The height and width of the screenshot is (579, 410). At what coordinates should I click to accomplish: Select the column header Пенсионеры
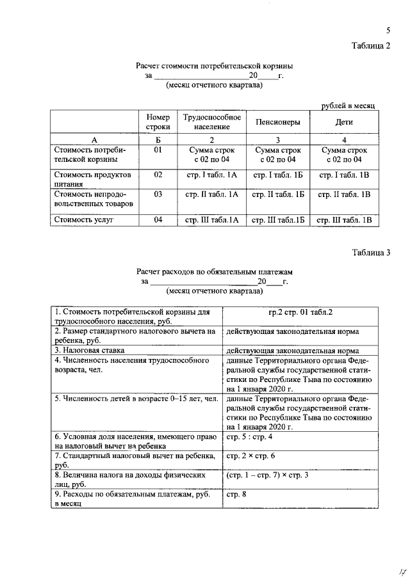click(x=277, y=122)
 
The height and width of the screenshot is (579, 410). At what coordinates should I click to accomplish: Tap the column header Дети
click(x=344, y=122)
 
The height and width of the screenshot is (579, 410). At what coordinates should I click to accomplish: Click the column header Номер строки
click(x=158, y=122)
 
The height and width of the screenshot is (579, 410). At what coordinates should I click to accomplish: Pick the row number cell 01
click(x=158, y=150)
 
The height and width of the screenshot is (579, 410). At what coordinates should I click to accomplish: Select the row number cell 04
click(x=158, y=220)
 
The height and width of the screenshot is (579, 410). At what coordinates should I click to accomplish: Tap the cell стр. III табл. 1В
click(x=344, y=220)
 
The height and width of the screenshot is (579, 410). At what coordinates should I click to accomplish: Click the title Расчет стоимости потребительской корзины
click(x=214, y=66)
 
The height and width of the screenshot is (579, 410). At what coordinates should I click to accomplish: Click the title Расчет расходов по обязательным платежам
click(x=214, y=272)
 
